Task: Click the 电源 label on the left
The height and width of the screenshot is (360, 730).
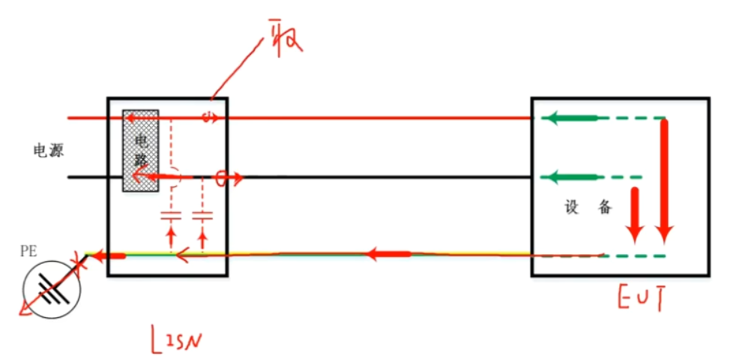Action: pos(49,150)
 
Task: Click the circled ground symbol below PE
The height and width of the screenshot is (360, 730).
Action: pos(52,288)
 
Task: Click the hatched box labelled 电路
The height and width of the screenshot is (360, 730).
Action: pos(140,150)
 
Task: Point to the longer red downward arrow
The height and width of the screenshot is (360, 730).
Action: pos(663,180)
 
